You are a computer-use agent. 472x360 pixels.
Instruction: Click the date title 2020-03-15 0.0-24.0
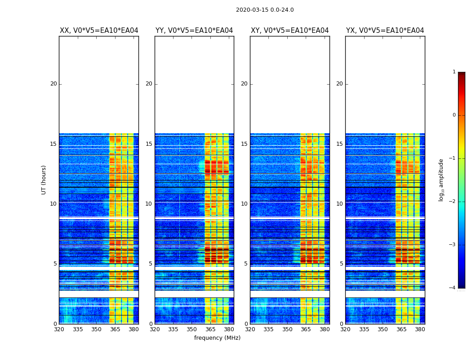pos(265,10)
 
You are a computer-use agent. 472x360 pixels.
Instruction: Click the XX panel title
pos(99,31)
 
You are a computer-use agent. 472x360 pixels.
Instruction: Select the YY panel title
pos(194,31)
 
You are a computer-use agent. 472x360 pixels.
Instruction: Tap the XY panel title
pos(289,31)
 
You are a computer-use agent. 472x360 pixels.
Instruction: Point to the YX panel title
pos(385,31)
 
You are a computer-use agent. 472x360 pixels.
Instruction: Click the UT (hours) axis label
pos(44,180)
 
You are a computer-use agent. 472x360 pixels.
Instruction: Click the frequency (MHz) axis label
pos(217,338)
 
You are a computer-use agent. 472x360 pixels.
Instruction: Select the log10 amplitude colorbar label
pos(441,180)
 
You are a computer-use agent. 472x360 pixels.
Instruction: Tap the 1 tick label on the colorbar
pos(454,72)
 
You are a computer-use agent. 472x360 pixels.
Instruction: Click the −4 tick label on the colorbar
pos(453,288)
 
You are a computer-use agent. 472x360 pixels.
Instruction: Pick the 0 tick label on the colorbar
pos(454,115)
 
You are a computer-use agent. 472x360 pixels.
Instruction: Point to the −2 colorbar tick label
pos(453,202)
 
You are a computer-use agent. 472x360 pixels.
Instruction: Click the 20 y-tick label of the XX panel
pos(53,84)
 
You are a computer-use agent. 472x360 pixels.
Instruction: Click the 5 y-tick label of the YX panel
pos(341,264)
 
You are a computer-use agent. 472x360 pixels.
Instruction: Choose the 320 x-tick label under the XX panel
pos(59,329)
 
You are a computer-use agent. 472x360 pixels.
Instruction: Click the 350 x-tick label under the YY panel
pos(192,329)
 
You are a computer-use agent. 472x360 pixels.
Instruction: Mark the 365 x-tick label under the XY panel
pos(306,329)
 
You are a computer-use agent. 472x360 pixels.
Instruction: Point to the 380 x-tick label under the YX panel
pos(420,329)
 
